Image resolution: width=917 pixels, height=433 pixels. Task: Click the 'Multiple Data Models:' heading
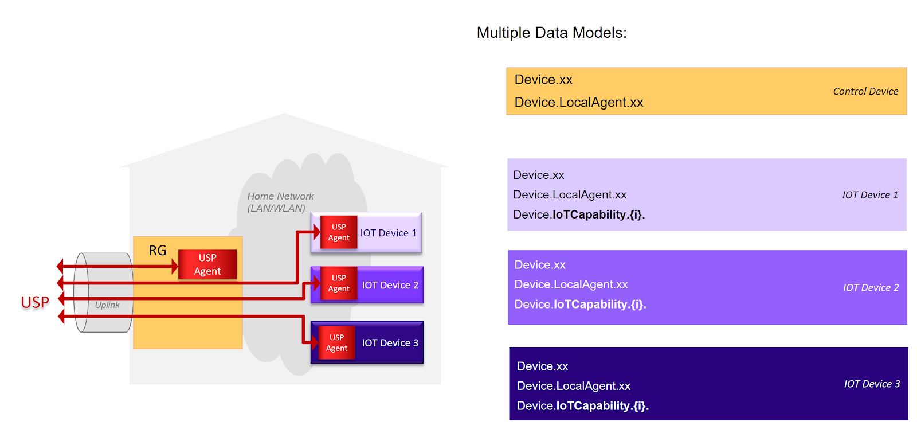pyautogui.click(x=551, y=33)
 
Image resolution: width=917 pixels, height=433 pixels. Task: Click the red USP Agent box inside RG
pyautogui.click(x=207, y=264)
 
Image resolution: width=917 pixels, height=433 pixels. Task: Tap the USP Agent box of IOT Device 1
pyautogui.click(x=339, y=232)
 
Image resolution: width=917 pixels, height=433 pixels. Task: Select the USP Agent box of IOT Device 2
pyautogui.click(x=339, y=283)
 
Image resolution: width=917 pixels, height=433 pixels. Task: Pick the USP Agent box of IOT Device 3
pyautogui.click(x=337, y=343)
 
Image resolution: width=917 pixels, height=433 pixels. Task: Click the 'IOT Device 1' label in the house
pyautogui.click(x=389, y=233)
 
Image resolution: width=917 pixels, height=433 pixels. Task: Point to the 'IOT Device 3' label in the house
pyautogui.click(x=390, y=343)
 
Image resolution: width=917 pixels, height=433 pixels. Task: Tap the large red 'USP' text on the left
pyautogui.click(x=35, y=302)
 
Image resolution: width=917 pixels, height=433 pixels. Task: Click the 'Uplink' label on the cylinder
pyautogui.click(x=107, y=305)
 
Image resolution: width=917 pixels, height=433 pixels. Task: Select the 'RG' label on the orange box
pyautogui.click(x=158, y=251)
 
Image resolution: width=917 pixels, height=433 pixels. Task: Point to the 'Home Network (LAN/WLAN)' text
pyautogui.click(x=280, y=202)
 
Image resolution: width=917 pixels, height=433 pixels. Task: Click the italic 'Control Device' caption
pyautogui.click(x=865, y=91)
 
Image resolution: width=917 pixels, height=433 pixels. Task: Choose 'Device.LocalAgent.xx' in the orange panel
pyautogui.click(x=579, y=102)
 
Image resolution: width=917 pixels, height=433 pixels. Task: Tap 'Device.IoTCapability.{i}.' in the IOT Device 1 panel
pyautogui.click(x=579, y=214)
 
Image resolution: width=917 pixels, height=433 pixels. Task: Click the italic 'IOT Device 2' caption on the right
pyautogui.click(x=871, y=288)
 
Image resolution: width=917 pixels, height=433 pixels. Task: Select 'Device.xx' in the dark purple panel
pyautogui.click(x=542, y=366)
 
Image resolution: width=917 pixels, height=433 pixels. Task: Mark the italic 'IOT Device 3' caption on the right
pyautogui.click(x=872, y=384)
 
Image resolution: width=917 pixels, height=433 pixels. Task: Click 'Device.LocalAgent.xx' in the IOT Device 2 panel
pyautogui.click(x=571, y=284)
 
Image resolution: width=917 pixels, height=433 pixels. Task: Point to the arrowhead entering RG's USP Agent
pyautogui.click(x=175, y=266)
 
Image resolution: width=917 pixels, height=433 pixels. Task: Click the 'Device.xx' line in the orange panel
pyautogui.click(x=543, y=80)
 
